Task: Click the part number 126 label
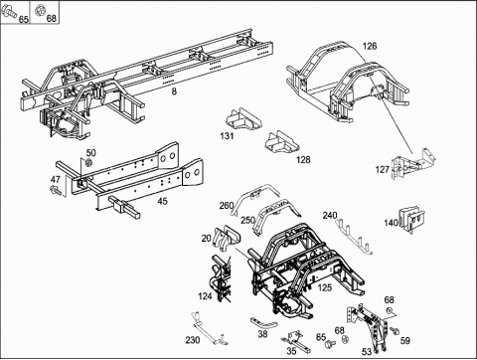[370, 46]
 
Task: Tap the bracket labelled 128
[281, 142]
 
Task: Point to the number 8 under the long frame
[174, 91]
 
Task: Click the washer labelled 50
[88, 163]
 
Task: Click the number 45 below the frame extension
[162, 201]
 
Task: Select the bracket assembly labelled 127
[412, 165]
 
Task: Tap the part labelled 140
[412, 219]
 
